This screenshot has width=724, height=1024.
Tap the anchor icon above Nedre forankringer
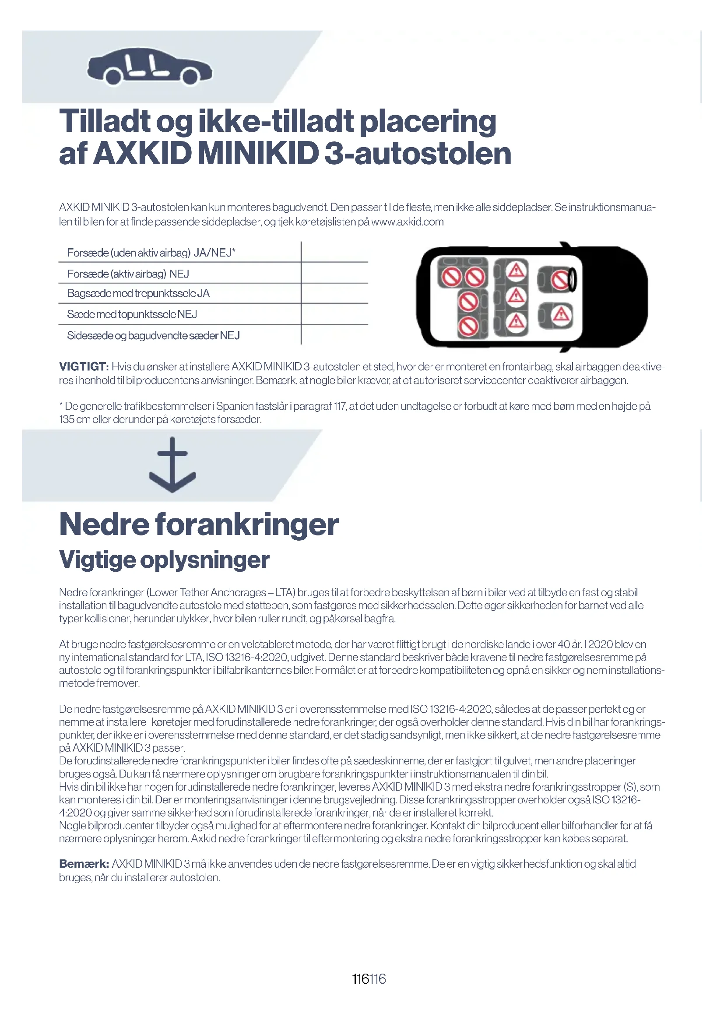click(x=172, y=465)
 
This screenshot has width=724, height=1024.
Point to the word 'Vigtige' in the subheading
click(x=97, y=560)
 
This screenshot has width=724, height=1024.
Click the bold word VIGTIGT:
click(x=84, y=366)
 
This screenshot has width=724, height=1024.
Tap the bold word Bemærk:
click(x=84, y=864)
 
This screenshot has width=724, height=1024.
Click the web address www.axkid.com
click(x=407, y=222)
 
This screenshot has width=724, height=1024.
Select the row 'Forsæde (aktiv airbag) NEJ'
click(x=128, y=273)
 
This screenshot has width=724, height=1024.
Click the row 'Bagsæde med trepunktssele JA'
click(x=138, y=293)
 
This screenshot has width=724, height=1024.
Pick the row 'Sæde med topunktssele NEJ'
click(x=132, y=314)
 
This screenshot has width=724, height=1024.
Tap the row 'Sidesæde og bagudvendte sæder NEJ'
click(x=153, y=335)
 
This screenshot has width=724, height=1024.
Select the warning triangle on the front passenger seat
click(x=561, y=315)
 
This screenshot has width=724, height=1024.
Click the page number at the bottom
click(x=369, y=979)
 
